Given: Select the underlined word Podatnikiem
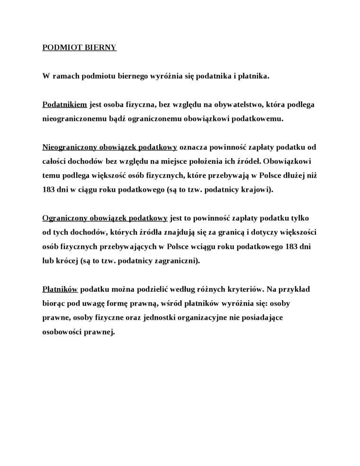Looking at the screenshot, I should point(64,104).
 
